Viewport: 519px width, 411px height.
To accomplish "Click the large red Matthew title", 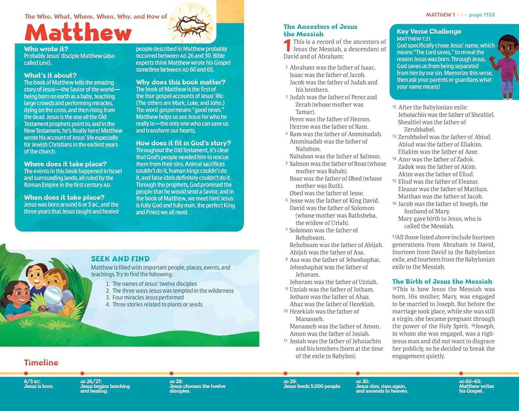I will [78, 32].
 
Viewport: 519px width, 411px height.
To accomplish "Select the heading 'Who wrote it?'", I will [46, 49].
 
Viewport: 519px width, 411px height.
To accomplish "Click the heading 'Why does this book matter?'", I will [181, 82].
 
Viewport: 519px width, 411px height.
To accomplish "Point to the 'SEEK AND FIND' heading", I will [120, 259].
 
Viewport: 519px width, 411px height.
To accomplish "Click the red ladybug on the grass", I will [42, 308].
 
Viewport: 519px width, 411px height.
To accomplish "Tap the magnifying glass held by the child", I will [53, 295].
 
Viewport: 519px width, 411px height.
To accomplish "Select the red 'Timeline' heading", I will [41, 362].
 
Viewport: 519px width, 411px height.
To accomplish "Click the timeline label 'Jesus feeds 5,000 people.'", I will [312, 387].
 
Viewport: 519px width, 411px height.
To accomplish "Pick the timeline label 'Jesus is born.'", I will [39, 387].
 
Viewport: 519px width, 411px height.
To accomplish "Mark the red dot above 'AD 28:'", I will [171, 374].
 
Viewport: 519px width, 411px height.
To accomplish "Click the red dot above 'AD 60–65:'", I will [461, 374].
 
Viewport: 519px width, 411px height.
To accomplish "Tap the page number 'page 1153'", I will [482, 15].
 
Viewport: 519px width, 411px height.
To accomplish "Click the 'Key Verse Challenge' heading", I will [429, 31].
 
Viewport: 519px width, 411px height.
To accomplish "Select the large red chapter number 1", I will [287, 46].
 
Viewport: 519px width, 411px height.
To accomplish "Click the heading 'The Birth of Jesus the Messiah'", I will [442, 281].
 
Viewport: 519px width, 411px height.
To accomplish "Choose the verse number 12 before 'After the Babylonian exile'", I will [394, 107].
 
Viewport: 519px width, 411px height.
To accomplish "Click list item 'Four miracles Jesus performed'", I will [148, 298].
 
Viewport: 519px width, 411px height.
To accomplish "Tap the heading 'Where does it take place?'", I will [65, 164].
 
